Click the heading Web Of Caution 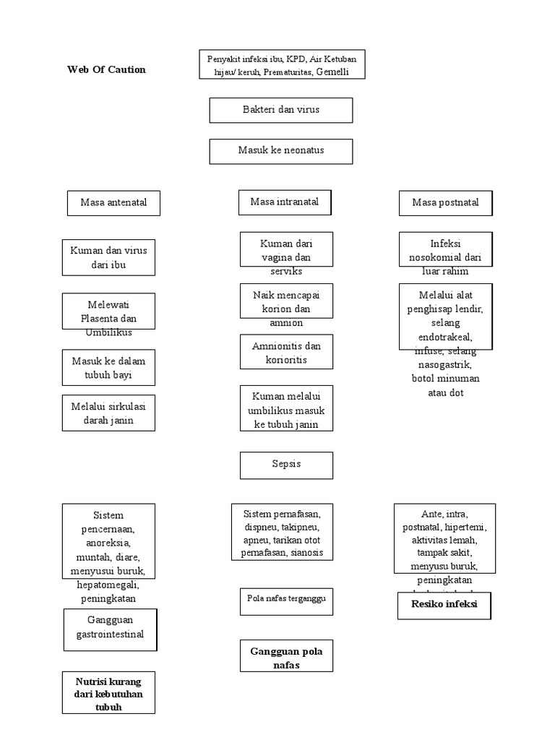coord(106,69)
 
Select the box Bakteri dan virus coord(280,110)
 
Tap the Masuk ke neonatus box coord(280,150)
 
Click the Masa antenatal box coord(113,202)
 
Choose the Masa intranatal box coord(284,202)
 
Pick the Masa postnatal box coord(445,202)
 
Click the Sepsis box coord(286,464)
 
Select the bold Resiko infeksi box coord(444,604)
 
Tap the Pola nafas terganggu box coord(286,600)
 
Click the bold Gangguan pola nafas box coord(286,658)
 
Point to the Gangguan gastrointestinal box coord(110,627)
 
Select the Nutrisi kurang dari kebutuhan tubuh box coord(108,694)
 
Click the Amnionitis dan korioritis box coord(286,352)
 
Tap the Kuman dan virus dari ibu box coord(108,257)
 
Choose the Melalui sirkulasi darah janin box coord(108,413)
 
